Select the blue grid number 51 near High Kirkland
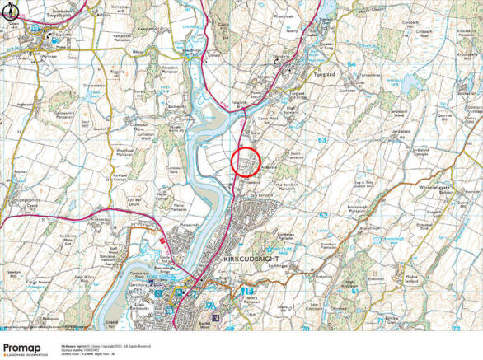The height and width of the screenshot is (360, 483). [354, 290]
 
